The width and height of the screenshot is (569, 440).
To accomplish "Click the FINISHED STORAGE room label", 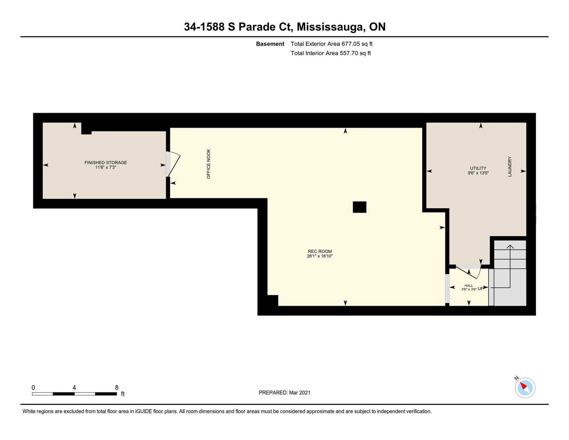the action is [106, 162].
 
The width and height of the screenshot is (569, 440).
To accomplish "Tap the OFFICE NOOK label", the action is [208, 164].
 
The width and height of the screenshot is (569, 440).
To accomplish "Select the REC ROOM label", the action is [320, 251].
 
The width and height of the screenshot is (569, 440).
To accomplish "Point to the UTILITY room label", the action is [478, 168].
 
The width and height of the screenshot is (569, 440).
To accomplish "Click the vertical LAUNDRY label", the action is [510, 167].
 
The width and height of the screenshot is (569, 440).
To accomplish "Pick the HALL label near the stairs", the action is [469, 286].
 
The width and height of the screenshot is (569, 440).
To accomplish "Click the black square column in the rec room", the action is [359, 207].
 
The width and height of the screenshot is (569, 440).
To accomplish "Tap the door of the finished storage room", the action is [173, 164].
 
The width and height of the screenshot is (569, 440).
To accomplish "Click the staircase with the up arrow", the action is [507, 273].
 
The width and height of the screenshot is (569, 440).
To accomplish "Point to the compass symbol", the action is [525, 388].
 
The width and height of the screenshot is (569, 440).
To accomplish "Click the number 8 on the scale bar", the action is [117, 388].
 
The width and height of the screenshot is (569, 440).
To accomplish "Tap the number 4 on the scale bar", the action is [74, 388].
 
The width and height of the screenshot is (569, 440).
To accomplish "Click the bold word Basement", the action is [270, 44].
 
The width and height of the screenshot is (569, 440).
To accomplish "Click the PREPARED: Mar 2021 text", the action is [284, 393].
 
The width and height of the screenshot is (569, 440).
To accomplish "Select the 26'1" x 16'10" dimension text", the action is [320, 256].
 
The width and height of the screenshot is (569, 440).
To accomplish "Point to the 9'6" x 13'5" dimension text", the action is [478, 173].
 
